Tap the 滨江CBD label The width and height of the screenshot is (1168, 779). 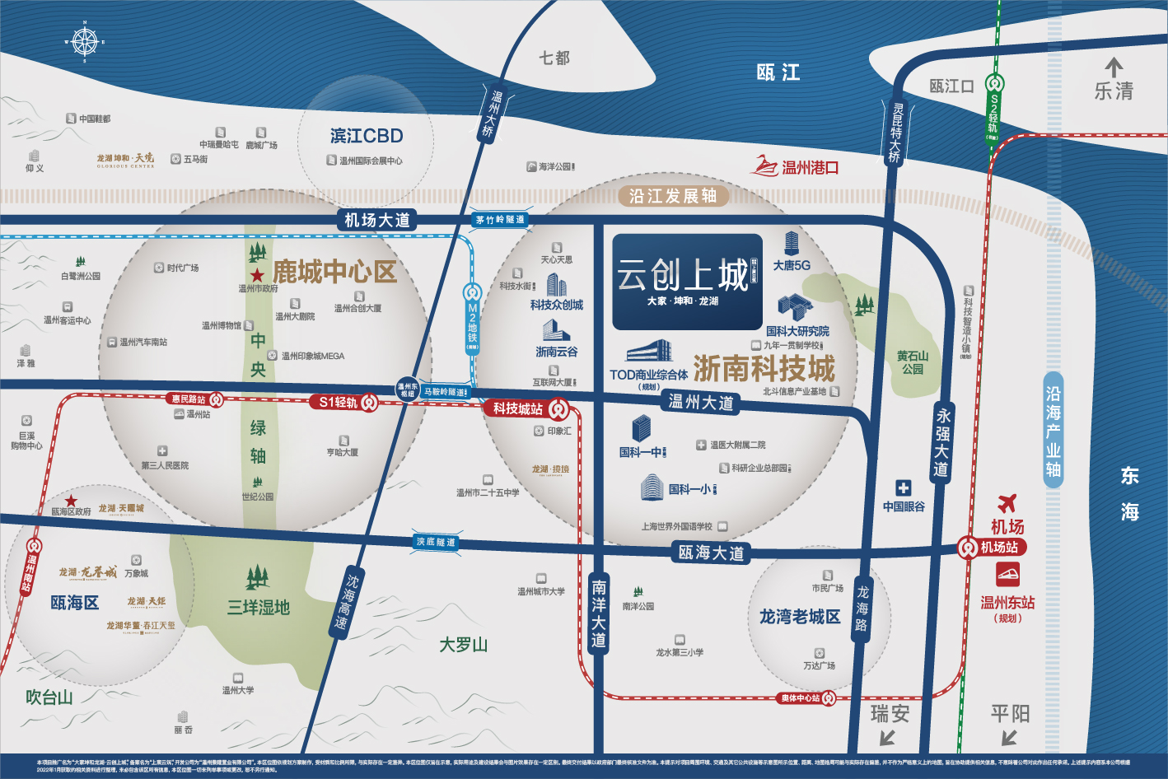(x=367, y=136)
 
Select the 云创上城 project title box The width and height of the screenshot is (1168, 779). (x=686, y=281)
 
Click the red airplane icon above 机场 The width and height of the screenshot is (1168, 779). (x=1007, y=502)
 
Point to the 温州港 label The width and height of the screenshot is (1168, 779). (x=810, y=168)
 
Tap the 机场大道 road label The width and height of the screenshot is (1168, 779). (x=376, y=220)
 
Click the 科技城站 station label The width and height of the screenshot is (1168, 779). (x=518, y=408)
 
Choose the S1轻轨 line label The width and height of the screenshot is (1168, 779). (x=338, y=402)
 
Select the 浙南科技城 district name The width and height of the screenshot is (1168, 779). (x=764, y=368)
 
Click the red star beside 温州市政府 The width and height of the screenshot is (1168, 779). (x=257, y=276)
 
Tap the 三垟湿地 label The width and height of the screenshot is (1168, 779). (x=259, y=608)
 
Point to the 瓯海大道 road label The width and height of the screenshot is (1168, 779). (x=711, y=553)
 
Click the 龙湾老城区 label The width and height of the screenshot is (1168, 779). (x=799, y=617)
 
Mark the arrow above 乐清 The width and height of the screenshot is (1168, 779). (x=1114, y=68)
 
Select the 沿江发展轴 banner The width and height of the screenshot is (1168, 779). (x=673, y=196)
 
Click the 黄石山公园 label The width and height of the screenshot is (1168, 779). (x=913, y=362)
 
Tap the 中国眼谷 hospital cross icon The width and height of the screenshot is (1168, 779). (x=904, y=487)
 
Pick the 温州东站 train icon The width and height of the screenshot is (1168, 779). (x=1007, y=573)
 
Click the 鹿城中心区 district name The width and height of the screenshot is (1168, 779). (x=334, y=272)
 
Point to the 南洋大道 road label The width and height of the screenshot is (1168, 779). (x=599, y=613)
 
